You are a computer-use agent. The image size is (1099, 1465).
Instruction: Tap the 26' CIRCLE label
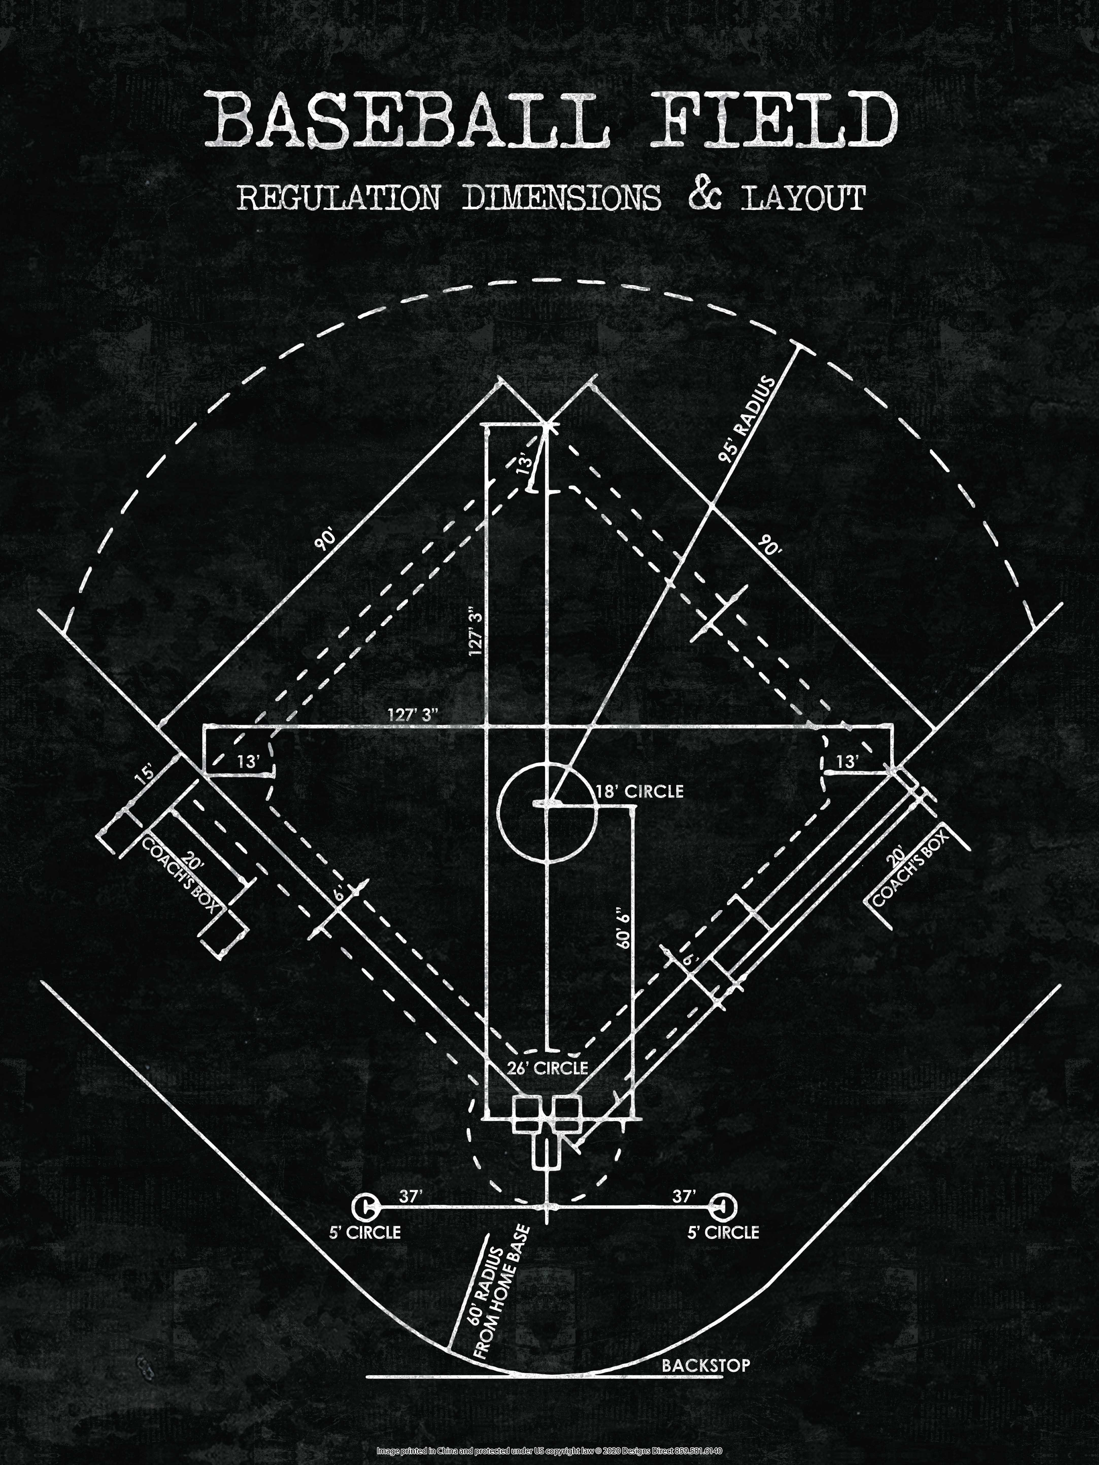click(547, 1068)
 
